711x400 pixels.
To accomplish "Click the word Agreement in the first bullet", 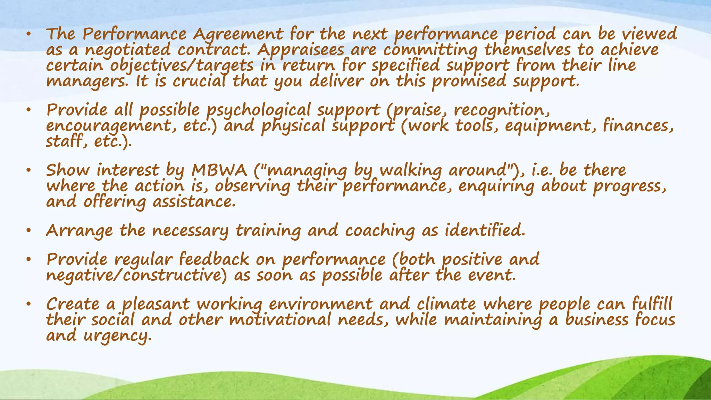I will tap(238, 34).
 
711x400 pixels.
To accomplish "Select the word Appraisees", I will tap(301, 50).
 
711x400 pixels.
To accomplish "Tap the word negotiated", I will tap(128, 50).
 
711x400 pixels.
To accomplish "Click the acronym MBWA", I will tap(219, 170).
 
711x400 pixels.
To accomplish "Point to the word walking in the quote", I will tap(411, 170).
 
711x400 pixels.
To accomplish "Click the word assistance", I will tap(194, 202).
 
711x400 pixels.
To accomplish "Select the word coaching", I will tap(380, 231).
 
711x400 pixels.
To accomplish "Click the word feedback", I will tap(214, 259).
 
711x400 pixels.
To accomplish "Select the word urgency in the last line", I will tap(118, 336).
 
